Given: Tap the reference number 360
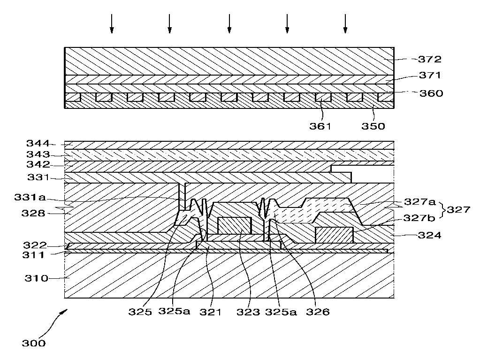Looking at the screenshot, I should point(431,93).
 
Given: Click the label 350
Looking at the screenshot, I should point(373,126).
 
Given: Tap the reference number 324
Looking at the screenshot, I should point(429,236).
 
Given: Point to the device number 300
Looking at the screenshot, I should point(34,343).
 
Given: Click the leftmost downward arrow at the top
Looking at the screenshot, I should point(112,23).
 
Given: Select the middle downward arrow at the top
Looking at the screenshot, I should point(229,23).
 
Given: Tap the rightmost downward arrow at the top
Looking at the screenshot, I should point(345,23).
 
